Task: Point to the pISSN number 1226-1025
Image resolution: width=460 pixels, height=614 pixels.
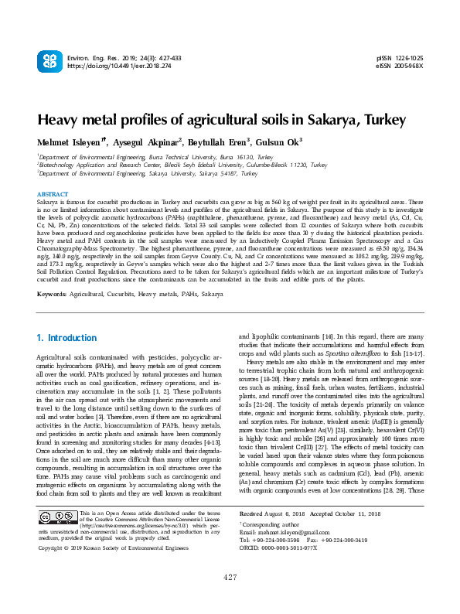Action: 410,58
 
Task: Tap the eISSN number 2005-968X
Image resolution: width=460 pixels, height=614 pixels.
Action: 410,67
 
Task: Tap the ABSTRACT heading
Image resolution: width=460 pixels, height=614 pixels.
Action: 53,194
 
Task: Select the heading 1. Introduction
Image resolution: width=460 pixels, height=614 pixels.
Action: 67,338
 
